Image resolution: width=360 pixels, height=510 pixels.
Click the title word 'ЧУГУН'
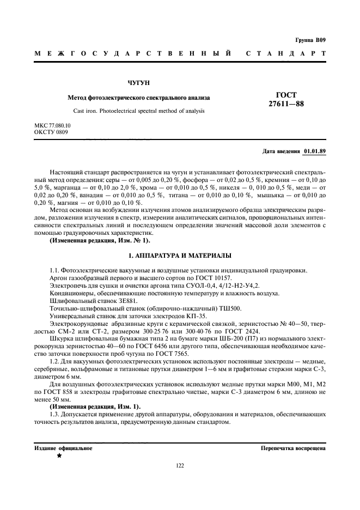point(138,83)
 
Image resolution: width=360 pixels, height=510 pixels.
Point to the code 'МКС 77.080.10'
point(52,126)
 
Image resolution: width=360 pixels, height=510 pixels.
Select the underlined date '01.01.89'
point(314,151)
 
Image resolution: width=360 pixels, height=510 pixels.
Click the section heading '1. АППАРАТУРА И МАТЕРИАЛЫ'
point(180,255)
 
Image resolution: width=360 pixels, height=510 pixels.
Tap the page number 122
point(180,465)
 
